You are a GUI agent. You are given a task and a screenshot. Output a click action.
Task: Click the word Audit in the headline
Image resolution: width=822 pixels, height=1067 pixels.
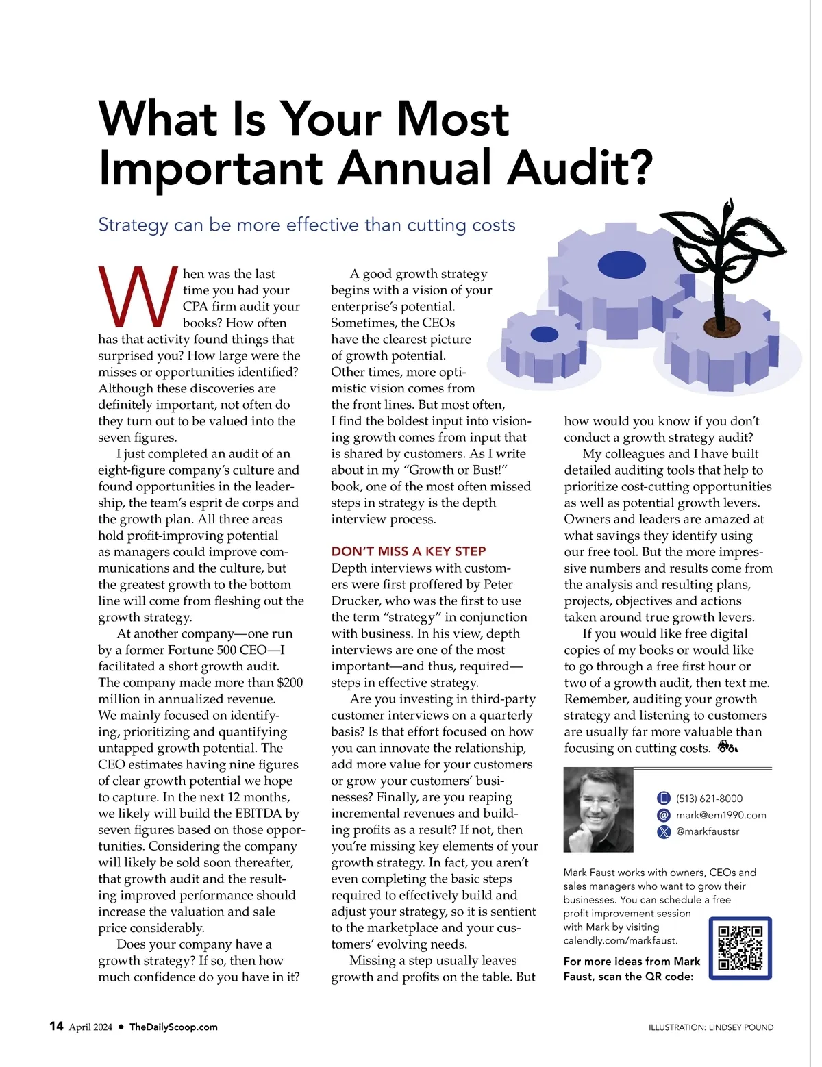tap(580, 168)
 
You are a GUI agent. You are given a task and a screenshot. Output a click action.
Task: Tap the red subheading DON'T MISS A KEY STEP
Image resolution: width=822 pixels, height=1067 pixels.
tap(408, 551)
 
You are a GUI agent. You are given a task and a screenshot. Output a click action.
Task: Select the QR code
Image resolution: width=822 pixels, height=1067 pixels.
tap(740, 948)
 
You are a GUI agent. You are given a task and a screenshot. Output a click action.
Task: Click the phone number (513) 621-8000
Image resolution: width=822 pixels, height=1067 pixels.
tap(709, 799)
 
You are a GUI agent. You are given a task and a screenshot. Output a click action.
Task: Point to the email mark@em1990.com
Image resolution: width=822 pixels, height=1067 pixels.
tap(721, 815)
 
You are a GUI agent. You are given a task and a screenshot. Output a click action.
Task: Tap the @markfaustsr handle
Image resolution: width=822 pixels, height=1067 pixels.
tap(707, 831)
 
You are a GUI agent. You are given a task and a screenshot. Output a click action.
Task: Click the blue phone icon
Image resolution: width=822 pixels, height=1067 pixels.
tap(663, 799)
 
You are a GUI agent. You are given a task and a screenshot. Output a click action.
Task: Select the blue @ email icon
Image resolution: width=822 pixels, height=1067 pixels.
tap(663, 815)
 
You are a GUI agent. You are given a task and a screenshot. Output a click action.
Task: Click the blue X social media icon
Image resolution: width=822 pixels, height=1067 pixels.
tap(663, 832)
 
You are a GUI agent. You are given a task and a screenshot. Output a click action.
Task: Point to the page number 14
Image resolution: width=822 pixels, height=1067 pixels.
tap(56, 1026)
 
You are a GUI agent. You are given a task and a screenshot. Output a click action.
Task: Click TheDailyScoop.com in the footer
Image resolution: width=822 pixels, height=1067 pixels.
tap(173, 1027)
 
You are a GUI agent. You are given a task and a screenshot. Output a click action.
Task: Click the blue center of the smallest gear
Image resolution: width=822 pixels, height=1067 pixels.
tap(545, 334)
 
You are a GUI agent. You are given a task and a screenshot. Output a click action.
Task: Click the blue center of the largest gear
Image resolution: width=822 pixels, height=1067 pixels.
tap(621, 264)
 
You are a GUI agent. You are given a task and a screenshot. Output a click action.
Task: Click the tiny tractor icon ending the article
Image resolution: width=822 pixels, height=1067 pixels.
tap(727, 747)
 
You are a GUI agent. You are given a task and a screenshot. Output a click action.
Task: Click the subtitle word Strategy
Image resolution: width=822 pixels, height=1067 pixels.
tap(133, 225)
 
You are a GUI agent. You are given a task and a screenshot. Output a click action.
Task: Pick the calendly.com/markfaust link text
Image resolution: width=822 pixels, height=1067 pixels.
tap(620, 940)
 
